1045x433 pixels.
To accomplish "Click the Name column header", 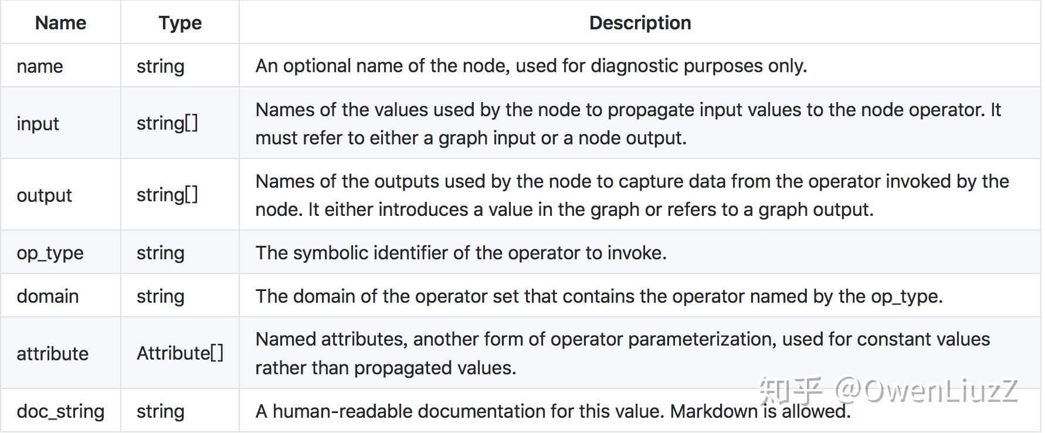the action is coord(60,23).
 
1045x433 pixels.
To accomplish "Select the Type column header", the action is coord(180,23).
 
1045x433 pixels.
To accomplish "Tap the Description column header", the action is coord(640,23).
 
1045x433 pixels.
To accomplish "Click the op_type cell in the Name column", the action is coord(50,253).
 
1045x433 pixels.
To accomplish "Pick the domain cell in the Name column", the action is coord(48,296).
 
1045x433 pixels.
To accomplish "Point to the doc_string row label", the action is coord(60,411).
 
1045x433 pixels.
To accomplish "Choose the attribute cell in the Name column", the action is coord(52,354).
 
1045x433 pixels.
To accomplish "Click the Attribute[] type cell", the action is coord(180,353).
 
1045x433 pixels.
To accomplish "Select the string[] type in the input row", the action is coord(167,123).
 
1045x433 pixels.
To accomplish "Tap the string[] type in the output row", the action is coord(167,195).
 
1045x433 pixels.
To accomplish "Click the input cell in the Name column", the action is coord(38,124).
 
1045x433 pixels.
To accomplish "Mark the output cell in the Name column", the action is coord(44,195).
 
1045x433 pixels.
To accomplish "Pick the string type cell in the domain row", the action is coord(160,296).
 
